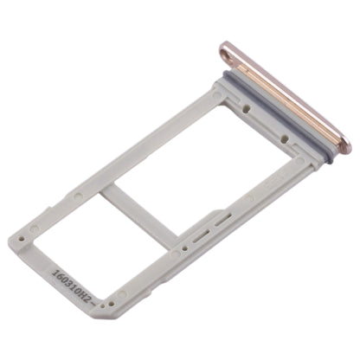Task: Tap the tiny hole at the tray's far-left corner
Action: [34, 229]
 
